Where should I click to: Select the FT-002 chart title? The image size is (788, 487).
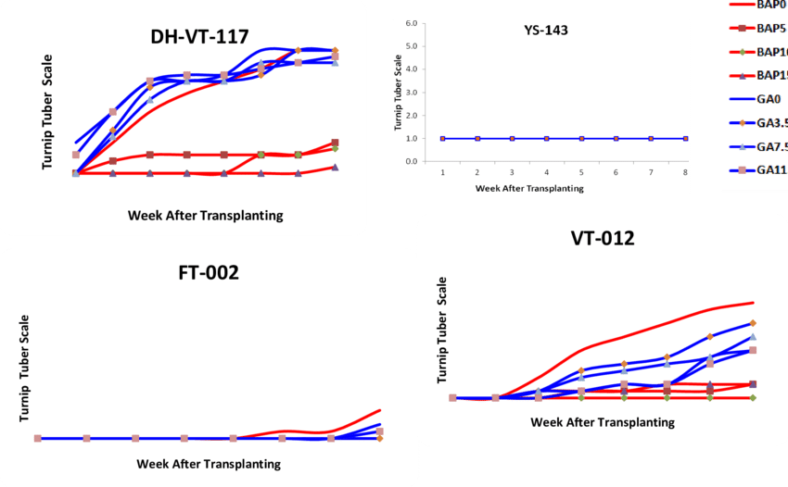point(209,273)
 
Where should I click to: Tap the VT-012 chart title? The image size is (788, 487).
point(602,239)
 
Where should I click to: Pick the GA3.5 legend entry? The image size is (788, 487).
point(761,122)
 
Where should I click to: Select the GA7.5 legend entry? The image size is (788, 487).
point(761,146)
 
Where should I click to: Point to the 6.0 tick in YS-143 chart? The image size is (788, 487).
point(411,22)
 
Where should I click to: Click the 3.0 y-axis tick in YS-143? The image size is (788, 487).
point(411,92)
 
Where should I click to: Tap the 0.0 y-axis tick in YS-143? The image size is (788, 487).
point(411,161)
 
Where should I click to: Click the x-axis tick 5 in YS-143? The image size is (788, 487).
point(581,172)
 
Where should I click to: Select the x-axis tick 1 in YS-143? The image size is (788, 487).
point(442,172)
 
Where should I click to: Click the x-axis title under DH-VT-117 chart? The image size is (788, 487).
point(205,216)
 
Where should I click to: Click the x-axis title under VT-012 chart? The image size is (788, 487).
point(603,421)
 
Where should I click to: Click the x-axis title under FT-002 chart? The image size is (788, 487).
point(209,463)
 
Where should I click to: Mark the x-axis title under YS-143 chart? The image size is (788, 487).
point(529,187)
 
